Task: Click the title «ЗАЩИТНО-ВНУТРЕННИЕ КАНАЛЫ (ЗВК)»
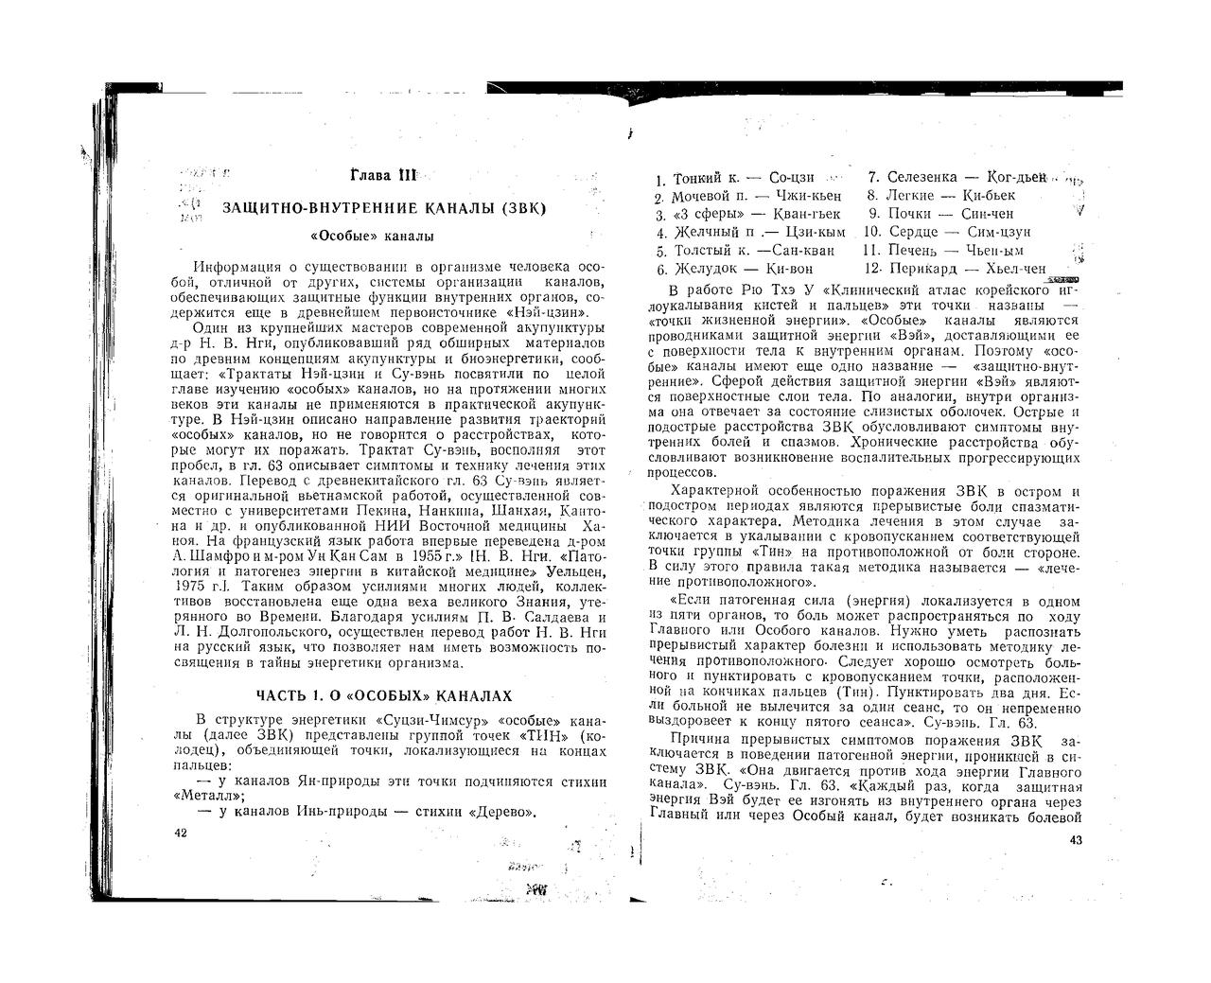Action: click(x=384, y=207)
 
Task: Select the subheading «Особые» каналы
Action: click(x=373, y=236)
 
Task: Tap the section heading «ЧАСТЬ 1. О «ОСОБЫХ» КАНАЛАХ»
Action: click(x=385, y=696)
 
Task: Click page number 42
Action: click(x=182, y=833)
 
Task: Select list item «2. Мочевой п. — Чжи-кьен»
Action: click(x=747, y=197)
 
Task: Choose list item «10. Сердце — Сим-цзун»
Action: click(x=946, y=232)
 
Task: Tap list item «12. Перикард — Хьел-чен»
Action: click(x=954, y=269)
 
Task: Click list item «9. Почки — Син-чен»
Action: click(x=940, y=214)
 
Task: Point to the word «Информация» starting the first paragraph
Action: click(x=236, y=268)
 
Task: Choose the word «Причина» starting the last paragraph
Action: click(x=698, y=740)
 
